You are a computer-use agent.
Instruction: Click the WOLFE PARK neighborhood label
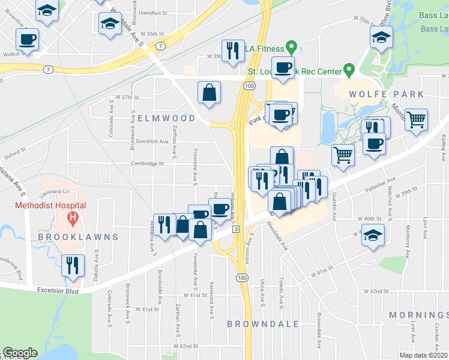click(x=391, y=95)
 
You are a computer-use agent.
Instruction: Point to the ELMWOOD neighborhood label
click(x=166, y=118)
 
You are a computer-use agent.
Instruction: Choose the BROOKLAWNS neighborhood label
click(x=86, y=237)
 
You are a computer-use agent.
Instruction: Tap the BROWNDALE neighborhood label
click(x=263, y=324)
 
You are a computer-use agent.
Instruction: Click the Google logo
click(x=20, y=353)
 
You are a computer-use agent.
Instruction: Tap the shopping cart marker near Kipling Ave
click(x=415, y=120)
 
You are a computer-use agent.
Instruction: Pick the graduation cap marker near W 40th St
click(x=373, y=235)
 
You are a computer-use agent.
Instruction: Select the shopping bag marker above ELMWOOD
click(x=209, y=93)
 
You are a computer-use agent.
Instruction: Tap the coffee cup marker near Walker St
click(x=28, y=40)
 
